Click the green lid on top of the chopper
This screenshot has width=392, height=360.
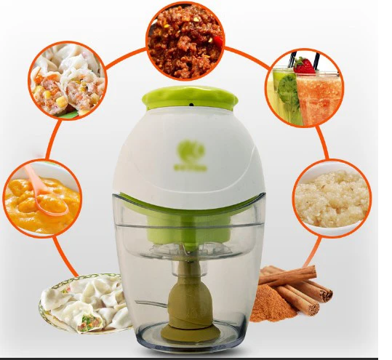(x=188, y=97)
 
